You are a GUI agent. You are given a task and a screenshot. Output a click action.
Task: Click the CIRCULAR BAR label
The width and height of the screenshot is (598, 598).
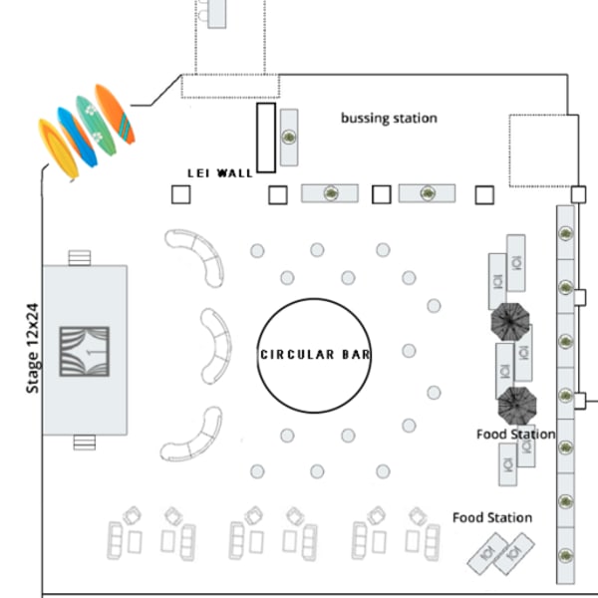315,355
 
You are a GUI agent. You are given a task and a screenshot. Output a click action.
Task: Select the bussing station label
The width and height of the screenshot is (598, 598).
389,119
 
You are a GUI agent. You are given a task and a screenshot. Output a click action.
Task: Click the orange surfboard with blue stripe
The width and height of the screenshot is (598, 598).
115,113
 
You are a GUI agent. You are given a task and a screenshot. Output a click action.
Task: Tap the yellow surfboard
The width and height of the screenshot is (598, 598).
58,149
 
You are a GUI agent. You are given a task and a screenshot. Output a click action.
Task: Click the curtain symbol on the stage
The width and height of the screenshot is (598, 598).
85,352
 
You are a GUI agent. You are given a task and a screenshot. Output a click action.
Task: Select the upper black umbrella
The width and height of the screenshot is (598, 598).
512,323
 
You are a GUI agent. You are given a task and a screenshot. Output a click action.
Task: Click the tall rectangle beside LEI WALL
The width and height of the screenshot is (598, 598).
266,138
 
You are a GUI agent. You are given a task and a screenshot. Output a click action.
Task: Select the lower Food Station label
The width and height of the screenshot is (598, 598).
491,518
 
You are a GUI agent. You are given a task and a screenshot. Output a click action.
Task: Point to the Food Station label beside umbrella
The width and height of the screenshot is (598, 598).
515,435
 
